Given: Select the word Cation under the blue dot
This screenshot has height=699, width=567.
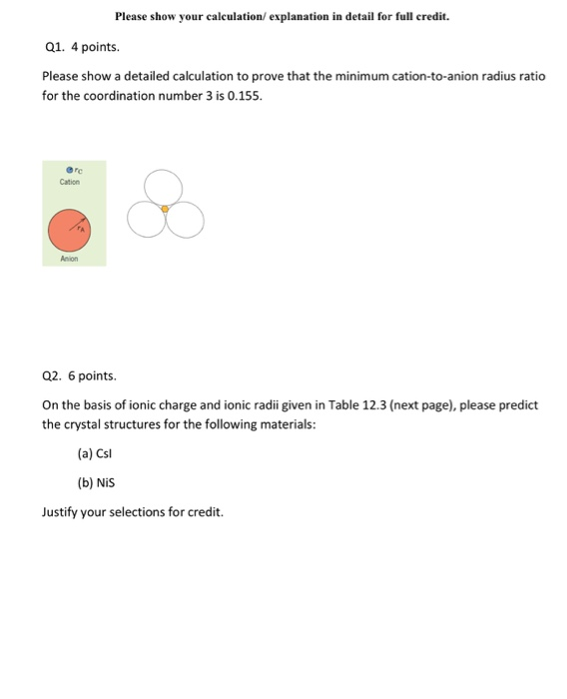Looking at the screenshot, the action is click(x=70, y=182).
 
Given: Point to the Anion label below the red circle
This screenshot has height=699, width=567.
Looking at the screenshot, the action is click(x=69, y=257).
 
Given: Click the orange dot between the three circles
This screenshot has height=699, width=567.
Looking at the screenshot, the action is click(x=165, y=209).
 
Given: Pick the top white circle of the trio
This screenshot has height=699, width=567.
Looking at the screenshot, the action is click(x=164, y=187).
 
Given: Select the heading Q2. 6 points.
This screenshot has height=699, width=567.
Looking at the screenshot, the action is click(x=80, y=376).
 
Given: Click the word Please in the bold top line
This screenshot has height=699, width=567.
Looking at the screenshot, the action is click(x=132, y=17).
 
